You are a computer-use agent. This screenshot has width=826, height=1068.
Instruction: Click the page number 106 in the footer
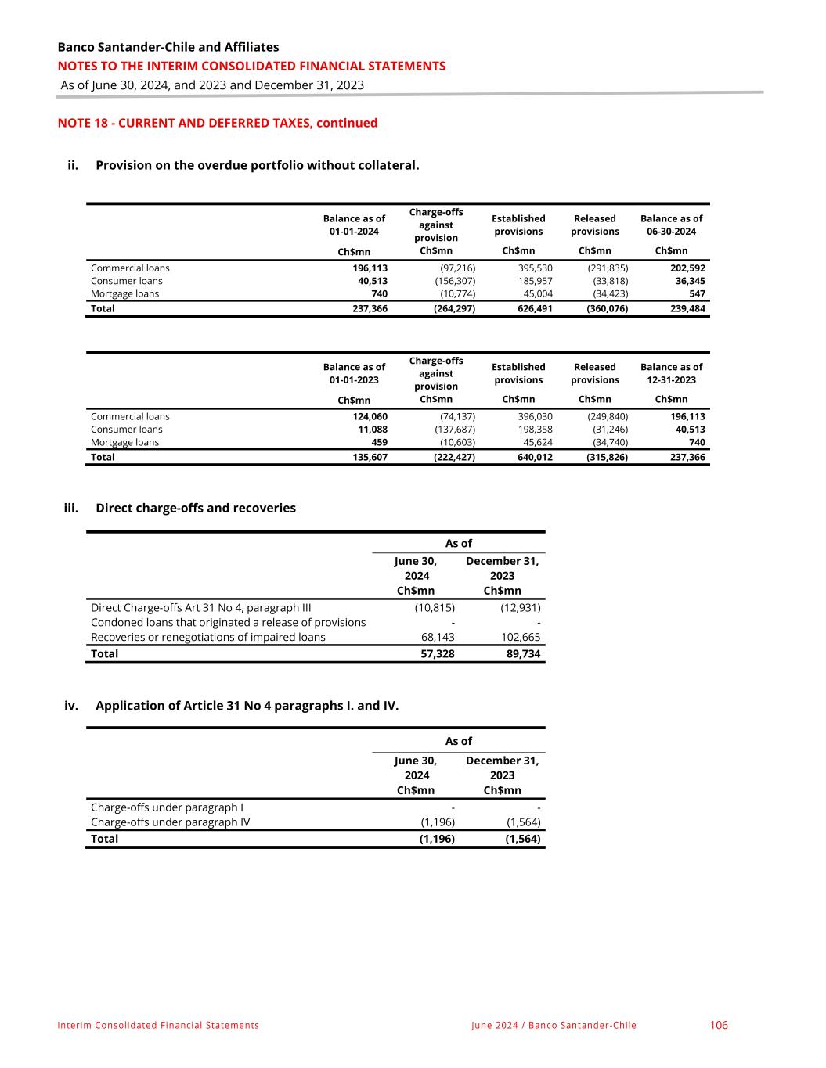point(718,1025)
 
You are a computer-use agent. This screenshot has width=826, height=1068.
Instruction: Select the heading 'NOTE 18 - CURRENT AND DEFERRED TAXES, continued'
point(218,123)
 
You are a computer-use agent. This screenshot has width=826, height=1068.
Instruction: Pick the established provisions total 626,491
point(535,308)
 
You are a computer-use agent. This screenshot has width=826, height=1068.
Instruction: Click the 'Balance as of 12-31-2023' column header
point(671,373)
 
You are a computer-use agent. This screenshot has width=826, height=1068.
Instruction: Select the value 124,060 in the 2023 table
point(370,417)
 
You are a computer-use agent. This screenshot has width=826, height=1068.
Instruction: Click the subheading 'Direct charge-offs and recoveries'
point(196,508)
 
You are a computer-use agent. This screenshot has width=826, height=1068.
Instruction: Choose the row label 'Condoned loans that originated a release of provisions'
point(228,622)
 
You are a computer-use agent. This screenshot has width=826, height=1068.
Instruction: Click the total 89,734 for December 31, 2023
point(521,653)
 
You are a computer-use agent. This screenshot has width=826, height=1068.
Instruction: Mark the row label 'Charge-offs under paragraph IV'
point(171,822)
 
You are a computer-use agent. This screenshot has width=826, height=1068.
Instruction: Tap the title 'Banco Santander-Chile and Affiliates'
point(168,47)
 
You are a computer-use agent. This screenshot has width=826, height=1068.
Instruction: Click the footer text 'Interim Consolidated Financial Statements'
point(158,1025)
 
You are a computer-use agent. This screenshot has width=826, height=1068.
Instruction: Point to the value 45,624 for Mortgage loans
point(536,443)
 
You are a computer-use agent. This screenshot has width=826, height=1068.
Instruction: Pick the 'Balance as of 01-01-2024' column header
point(354,225)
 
